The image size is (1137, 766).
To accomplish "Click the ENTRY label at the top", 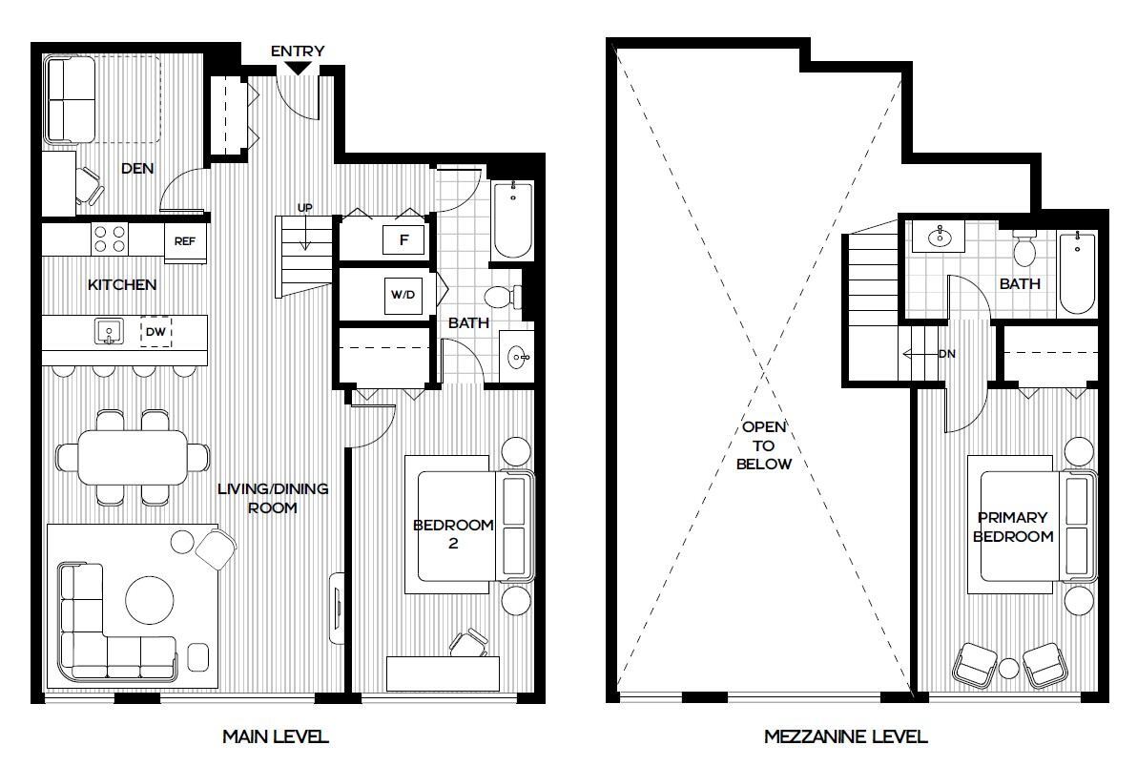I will [298, 51].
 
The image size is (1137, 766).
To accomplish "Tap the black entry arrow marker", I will [298, 68].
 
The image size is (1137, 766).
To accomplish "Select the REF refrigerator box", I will [184, 241].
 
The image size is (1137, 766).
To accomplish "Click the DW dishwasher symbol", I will [155, 332].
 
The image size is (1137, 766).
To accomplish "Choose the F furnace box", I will [403, 240].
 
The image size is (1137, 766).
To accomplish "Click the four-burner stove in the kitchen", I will [111, 238].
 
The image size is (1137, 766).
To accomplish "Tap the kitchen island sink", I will [109, 332].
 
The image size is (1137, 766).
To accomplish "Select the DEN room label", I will [138, 169].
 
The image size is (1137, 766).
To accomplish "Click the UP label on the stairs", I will [305, 207].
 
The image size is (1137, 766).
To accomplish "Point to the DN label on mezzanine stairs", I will [946, 354].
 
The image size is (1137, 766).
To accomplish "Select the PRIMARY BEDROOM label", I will [1012, 527].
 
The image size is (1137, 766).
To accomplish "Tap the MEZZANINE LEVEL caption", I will [845, 736].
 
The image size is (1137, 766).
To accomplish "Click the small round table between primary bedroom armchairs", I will [1010, 669].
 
